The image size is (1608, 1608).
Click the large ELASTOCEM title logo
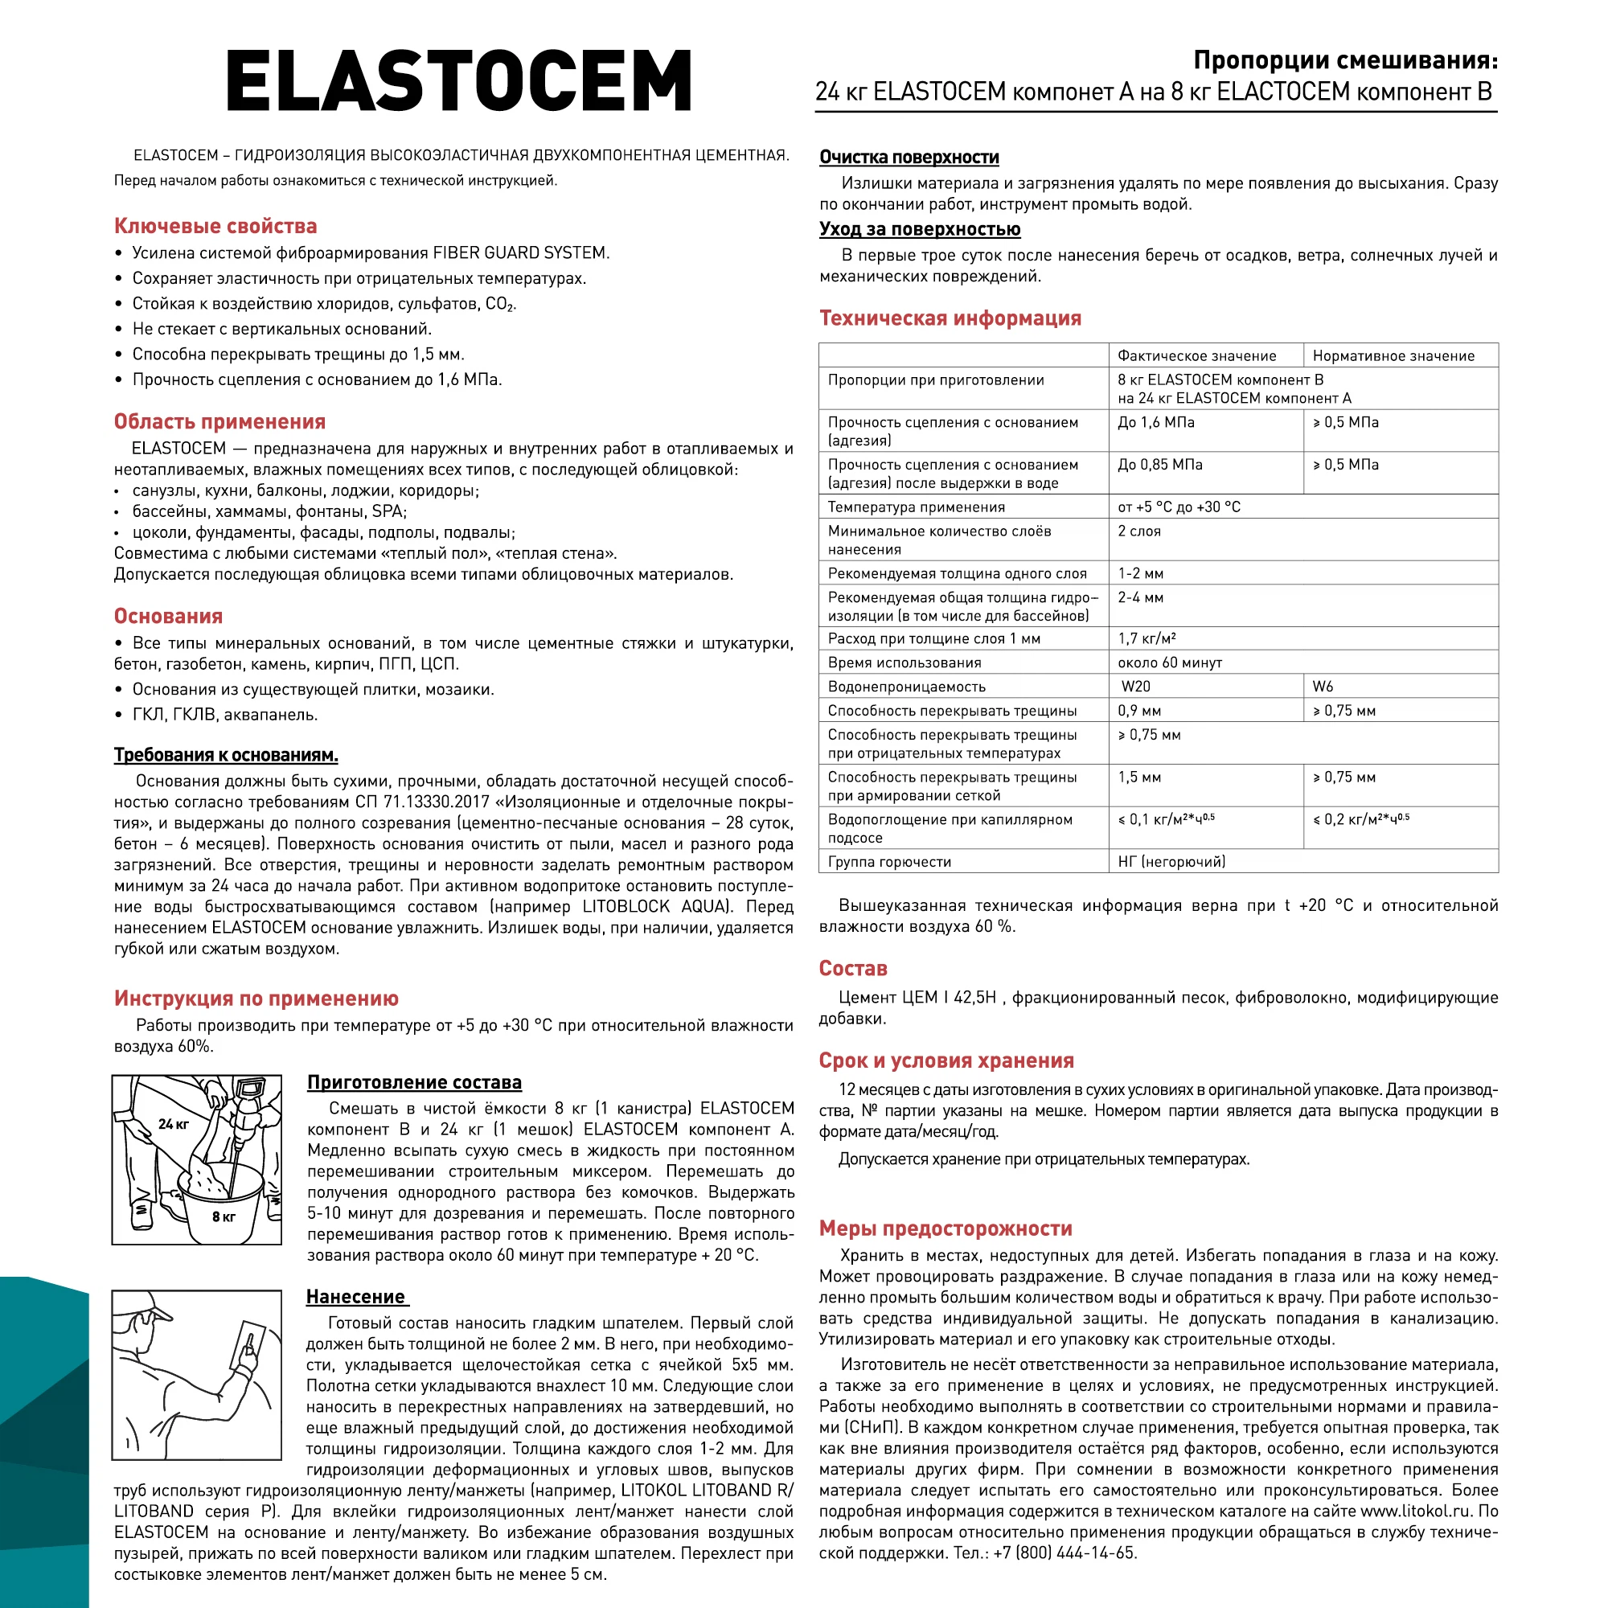pos(458,80)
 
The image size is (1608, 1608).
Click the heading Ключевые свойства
pos(215,226)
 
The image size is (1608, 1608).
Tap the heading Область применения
pos(219,421)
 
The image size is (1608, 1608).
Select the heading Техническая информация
pos(950,318)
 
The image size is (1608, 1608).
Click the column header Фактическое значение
pos(1196,355)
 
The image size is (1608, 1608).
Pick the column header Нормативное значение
pos(1393,355)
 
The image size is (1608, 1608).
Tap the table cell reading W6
pos(1323,686)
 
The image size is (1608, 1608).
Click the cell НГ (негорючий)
pos(1171,861)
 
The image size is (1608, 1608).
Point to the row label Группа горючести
pos(889,861)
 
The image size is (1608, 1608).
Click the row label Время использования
pos(904,662)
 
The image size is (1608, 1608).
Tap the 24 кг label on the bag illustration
pos(173,1124)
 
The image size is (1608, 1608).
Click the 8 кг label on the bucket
pos(223,1216)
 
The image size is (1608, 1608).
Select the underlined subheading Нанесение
pos(355,1296)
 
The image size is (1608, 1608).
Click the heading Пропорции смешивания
pos(1345,60)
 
